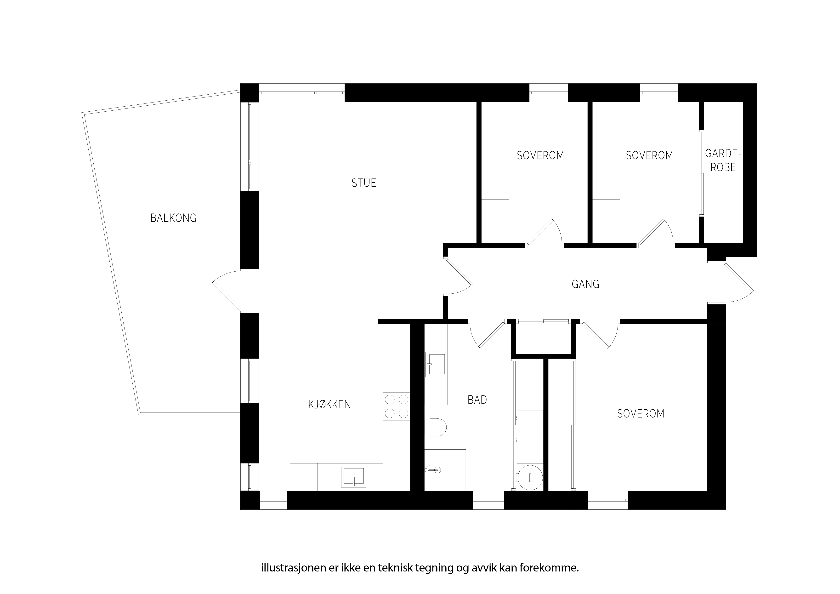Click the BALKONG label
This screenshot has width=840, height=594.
[x=173, y=218]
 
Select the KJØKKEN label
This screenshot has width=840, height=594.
[x=330, y=404]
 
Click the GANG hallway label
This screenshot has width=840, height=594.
[x=585, y=284]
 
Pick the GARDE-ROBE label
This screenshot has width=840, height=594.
[x=723, y=160]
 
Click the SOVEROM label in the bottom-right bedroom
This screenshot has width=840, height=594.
[x=641, y=414]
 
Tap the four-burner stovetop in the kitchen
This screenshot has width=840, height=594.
[x=397, y=406]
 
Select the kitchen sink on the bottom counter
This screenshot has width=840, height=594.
[x=353, y=477]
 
